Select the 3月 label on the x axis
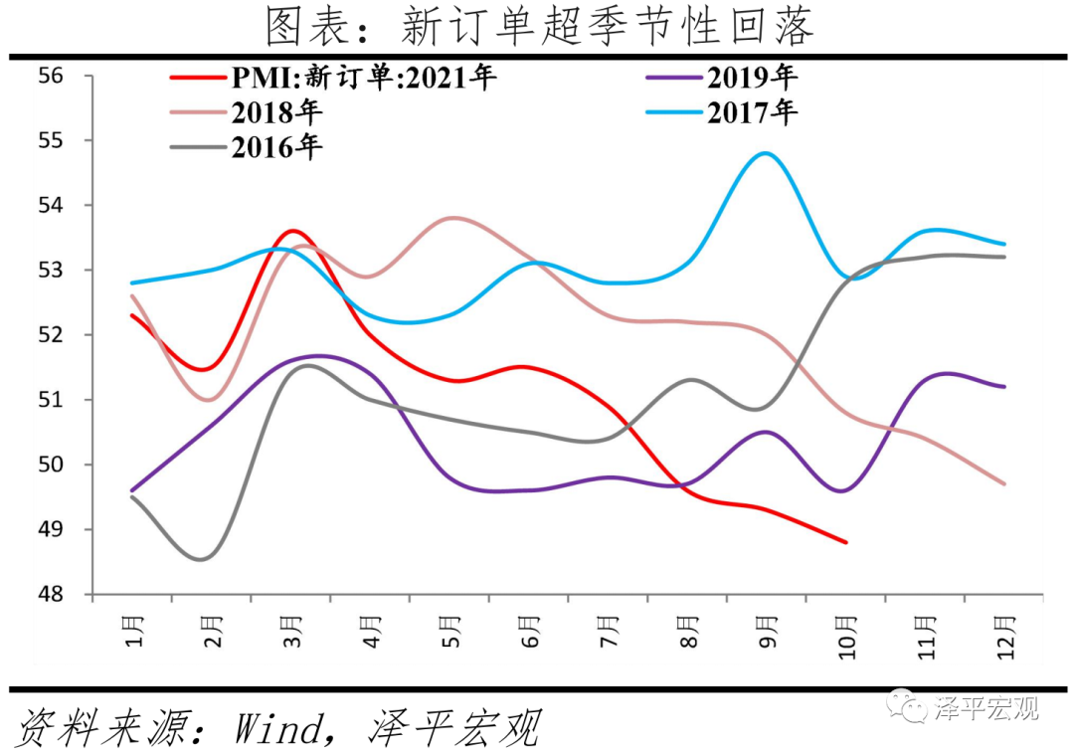click(x=292, y=632)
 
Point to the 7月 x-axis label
click(x=610, y=632)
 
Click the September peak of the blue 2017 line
click(x=765, y=153)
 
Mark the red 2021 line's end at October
click(x=845, y=542)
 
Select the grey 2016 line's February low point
click(x=202, y=559)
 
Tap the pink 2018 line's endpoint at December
click(x=1004, y=483)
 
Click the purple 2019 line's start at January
click(x=132, y=490)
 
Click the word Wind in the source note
click(x=277, y=729)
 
